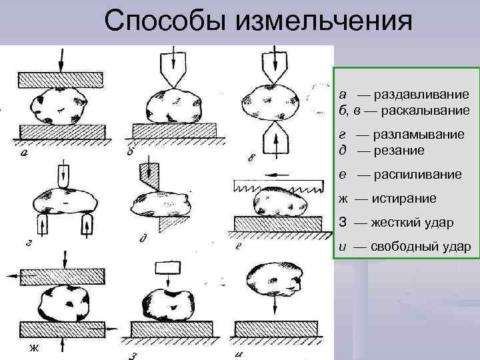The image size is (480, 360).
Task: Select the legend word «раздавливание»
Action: point(421,95)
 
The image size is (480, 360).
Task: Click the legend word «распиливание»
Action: point(417,175)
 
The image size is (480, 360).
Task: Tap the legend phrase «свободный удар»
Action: point(421,247)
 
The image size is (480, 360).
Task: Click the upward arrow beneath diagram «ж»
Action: point(61,344)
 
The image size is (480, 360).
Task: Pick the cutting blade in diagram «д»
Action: point(152,175)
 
